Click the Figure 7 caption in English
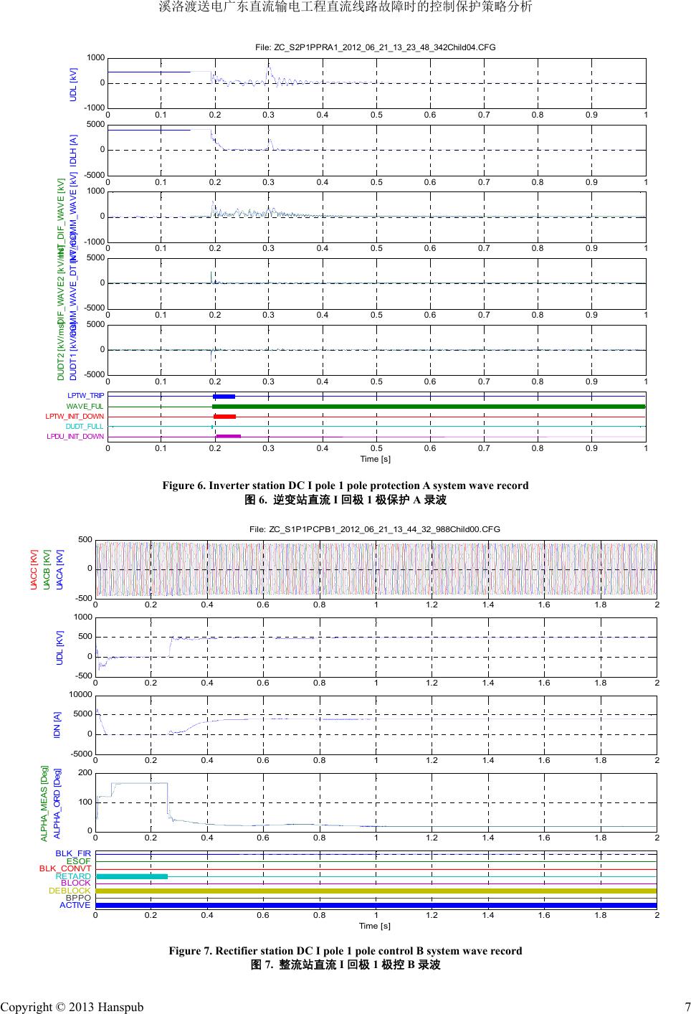345,951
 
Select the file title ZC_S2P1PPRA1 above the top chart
376,47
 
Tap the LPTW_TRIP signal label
86,396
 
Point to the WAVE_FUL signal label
85,407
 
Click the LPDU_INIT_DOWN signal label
75,437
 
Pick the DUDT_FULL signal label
85,427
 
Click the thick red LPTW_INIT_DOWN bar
225,417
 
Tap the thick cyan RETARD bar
131,876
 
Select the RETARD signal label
74,876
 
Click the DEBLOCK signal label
70,891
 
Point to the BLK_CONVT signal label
65,868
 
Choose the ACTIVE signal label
75,905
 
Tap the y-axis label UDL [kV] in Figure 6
72,84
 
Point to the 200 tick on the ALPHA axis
85,773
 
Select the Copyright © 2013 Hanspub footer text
72,1007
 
